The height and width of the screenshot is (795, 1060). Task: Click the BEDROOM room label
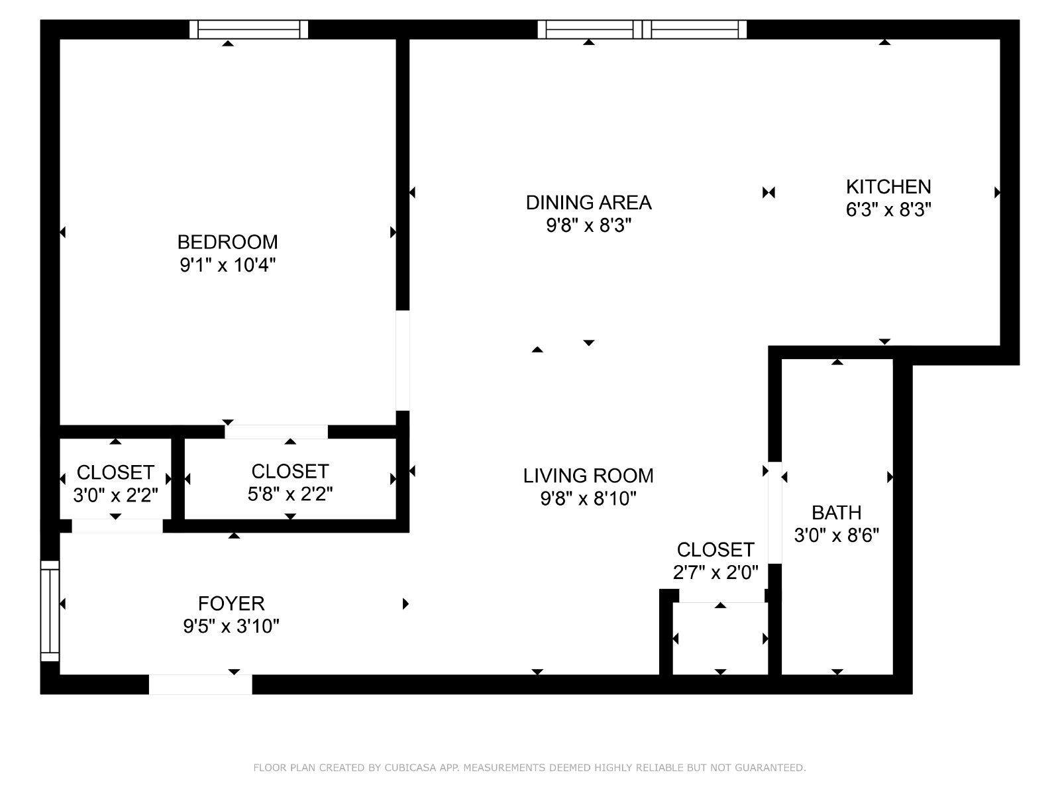click(227, 242)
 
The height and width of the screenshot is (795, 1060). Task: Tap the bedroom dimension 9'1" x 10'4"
click(227, 265)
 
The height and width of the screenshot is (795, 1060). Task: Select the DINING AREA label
click(589, 203)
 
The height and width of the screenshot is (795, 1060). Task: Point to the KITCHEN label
click(888, 187)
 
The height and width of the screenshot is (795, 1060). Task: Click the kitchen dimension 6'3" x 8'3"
click(888, 209)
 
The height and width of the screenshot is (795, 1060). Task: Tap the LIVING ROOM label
click(588, 476)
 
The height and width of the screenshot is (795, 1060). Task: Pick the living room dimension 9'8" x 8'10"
click(588, 499)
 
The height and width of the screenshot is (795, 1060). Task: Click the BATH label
click(837, 512)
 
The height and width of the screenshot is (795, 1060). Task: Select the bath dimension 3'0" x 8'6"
click(837, 535)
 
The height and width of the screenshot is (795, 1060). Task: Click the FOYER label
click(231, 604)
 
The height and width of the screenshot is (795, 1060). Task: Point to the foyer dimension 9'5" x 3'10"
click(231, 627)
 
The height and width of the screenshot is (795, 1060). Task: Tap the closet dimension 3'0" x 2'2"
click(115, 496)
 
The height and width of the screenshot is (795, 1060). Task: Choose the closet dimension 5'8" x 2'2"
click(290, 494)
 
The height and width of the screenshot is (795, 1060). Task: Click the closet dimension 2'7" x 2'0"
click(715, 572)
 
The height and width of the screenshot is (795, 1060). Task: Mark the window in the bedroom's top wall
click(248, 29)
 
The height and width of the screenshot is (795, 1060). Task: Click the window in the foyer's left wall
click(50, 611)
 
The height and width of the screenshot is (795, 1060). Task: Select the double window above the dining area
click(642, 29)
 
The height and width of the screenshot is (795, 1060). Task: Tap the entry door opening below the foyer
click(201, 684)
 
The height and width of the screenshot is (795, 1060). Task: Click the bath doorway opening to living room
click(774, 513)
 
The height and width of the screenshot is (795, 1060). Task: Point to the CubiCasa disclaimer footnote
click(530, 767)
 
